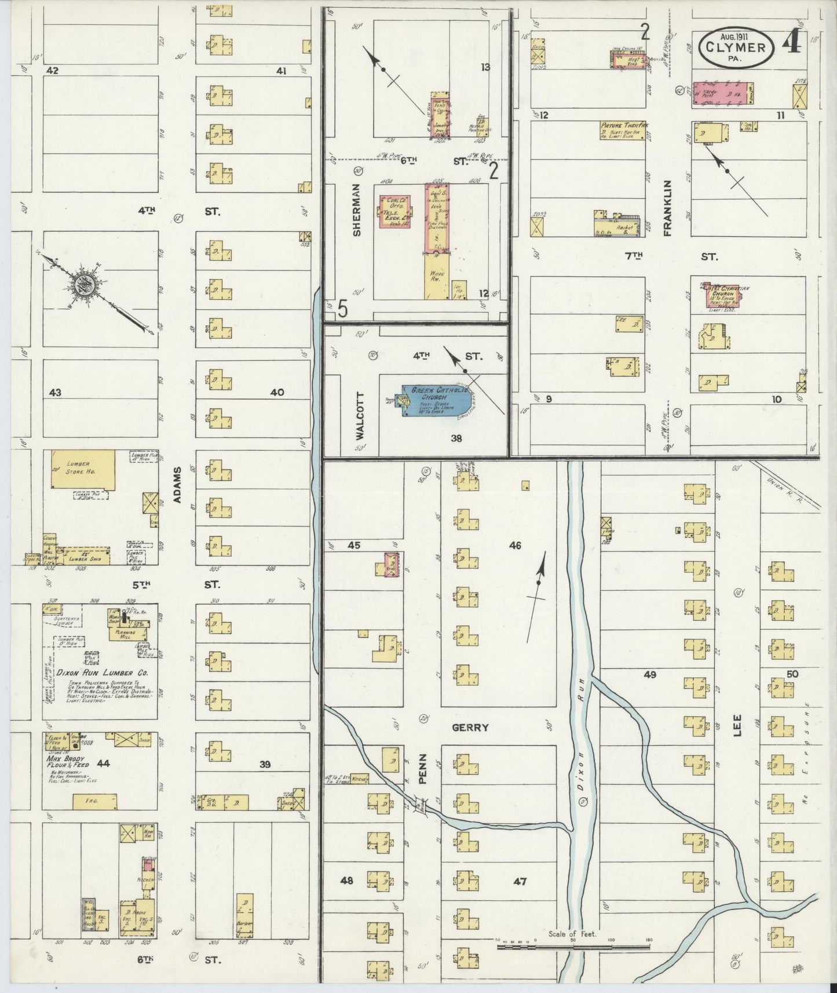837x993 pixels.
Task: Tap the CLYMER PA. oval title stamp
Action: point(737,49)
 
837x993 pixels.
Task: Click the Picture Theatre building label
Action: point(623,125)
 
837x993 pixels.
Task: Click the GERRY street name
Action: point(470,728)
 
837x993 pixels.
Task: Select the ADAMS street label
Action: point(177,481)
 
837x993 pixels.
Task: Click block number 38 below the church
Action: point(456,439)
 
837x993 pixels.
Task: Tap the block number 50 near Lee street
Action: point(792,674)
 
